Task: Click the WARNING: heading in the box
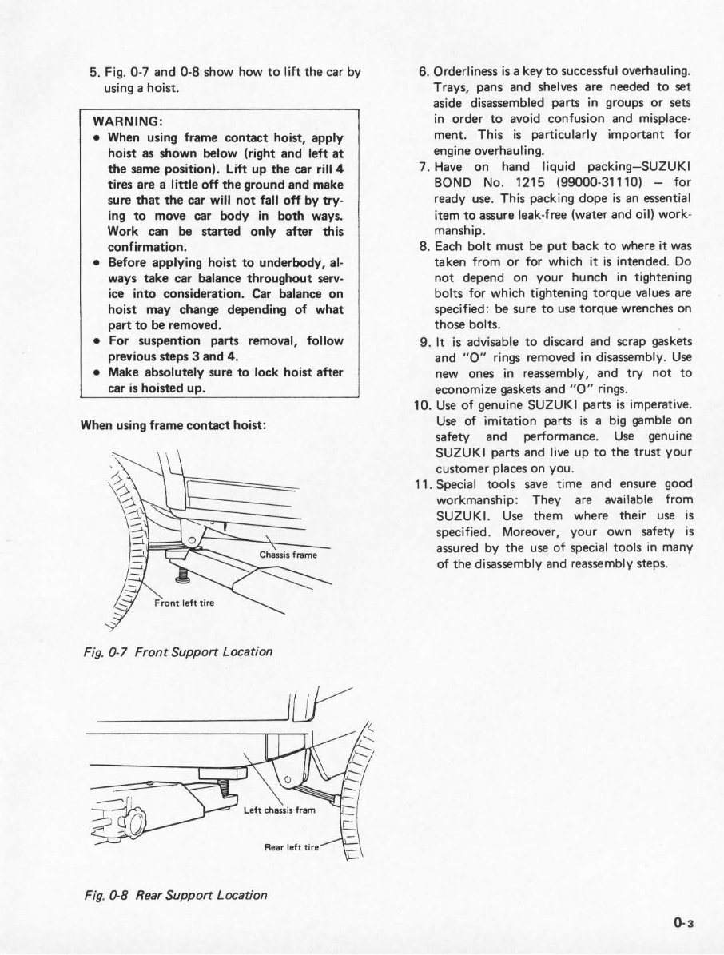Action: (129, 121)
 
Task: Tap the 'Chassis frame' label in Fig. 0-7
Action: (288, 555)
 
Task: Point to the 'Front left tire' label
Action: (185, 603)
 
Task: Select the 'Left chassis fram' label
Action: (280, 810)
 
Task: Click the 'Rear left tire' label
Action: (292, 846)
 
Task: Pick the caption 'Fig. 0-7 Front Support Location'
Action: (177, 651)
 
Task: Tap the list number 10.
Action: (423, 404)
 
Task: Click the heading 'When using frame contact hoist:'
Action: (173, 425)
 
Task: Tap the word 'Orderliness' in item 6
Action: (467, 72)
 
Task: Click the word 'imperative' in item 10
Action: (660, 404)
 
